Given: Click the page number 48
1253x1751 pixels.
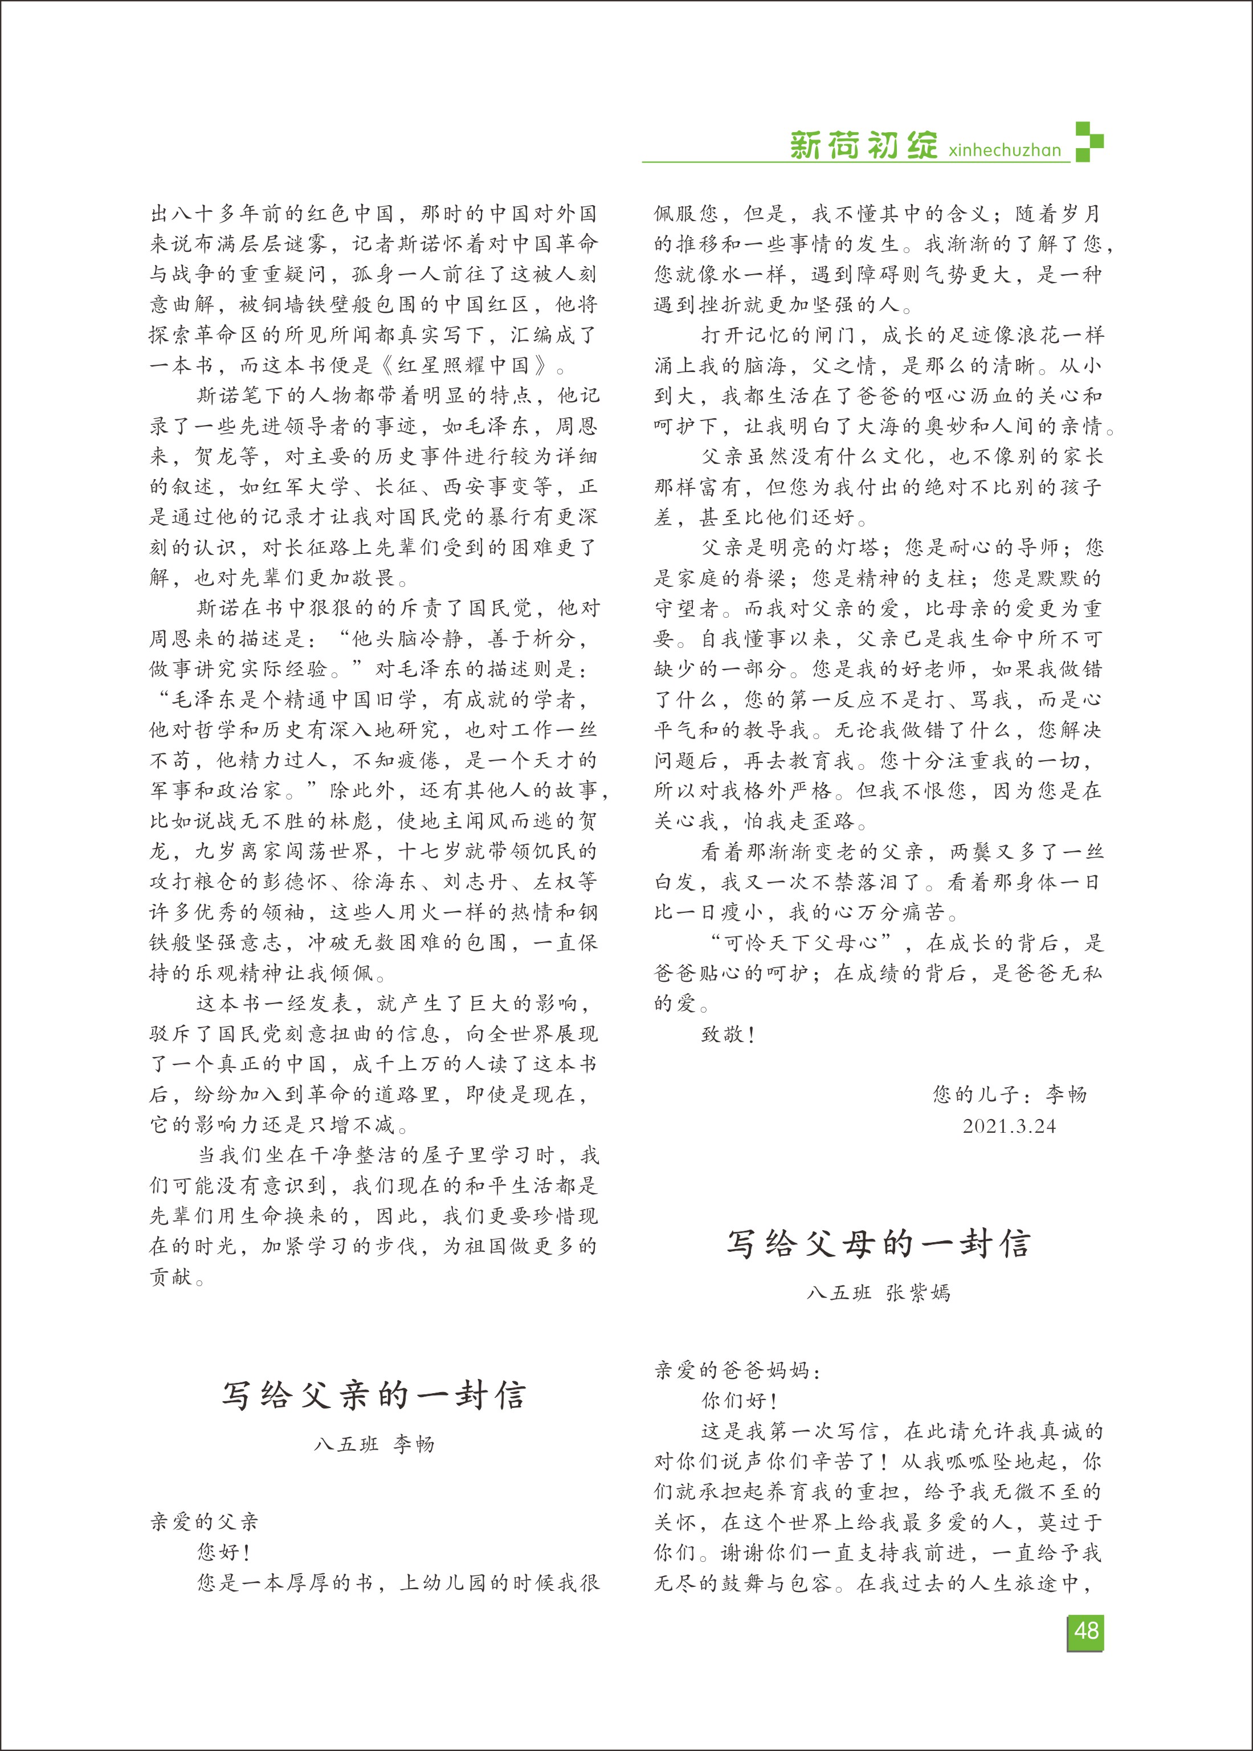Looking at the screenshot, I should [1085, 1631].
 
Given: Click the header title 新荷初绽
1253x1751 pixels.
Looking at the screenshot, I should [863, 145].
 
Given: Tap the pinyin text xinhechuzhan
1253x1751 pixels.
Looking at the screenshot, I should [1005, 150].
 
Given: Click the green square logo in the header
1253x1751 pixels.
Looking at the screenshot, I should [1089, 142].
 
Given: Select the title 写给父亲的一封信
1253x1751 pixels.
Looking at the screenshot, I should [374, 1395].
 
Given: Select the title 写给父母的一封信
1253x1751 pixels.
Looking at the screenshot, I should [878, 1243].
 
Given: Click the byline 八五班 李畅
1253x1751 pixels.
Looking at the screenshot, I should [374, 1445].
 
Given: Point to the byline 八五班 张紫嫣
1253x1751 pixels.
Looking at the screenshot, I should [878, 1293].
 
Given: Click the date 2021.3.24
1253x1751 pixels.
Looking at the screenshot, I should [1009, 1126].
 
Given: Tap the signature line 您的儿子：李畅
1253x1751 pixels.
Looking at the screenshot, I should [1009, 1095].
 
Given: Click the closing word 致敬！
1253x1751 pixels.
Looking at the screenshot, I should [728, 1034].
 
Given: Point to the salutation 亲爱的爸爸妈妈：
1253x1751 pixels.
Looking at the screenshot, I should [737, 1371].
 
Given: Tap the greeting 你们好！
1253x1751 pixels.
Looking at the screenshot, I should [739, 1401].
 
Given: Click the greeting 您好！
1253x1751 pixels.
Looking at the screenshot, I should [224, 1552].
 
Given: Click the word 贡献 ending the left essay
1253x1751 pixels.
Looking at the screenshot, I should [172, 1276].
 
